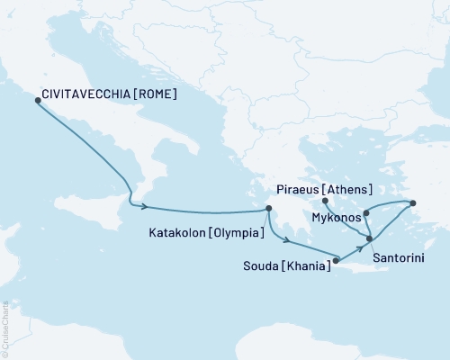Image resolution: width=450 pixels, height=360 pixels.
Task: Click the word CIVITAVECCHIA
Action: [x=83, y=93]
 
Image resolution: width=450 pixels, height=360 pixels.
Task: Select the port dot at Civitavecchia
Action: [x=37, y=100]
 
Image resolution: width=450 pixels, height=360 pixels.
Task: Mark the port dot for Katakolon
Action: [x=267, y=210]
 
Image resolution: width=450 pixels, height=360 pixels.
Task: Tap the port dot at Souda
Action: [x=336, y=262]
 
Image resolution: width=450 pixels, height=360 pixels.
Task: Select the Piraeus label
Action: [x=291, y=190]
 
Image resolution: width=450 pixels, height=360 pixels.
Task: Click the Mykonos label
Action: [x=336, y=218]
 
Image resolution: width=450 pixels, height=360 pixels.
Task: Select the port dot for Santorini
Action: [x=369, y=238]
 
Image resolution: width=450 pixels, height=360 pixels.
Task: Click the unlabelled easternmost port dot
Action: [x=413, y=202]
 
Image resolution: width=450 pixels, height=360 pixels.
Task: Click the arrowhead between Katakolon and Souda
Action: [x=287, y=241]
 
